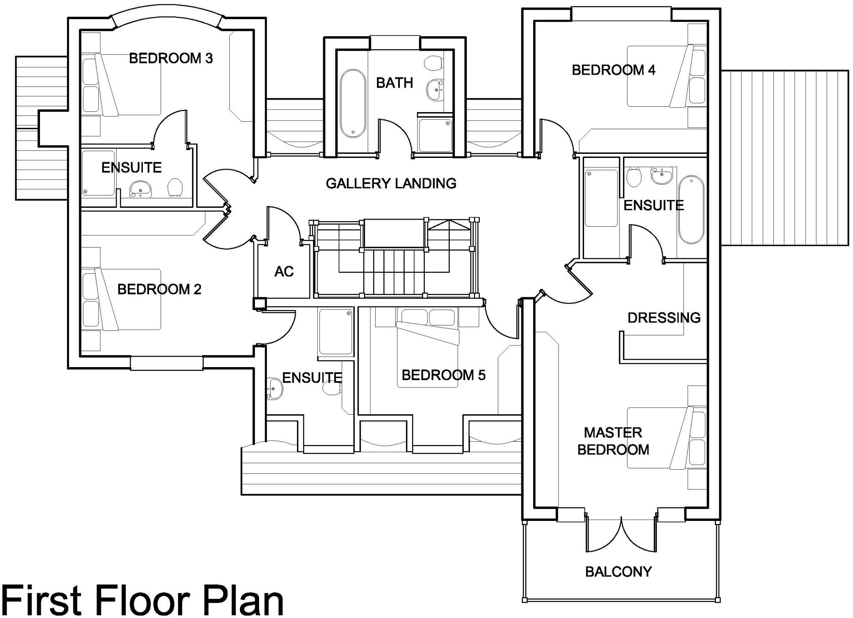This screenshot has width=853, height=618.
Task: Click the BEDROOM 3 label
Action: (x=171, y=58)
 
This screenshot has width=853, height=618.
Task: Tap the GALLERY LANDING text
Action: (x=391, y=183)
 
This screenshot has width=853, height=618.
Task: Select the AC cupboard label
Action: (x=284, y=272)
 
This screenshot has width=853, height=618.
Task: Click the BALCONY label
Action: (x=619, y=572)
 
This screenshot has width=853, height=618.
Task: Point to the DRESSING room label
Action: (x=664, y=318)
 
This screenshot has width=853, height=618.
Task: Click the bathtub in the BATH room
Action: (x=353, y=103)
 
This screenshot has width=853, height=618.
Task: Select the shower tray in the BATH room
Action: (x=435, y=135)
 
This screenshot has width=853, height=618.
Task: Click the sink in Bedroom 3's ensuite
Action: (x=140, y=190)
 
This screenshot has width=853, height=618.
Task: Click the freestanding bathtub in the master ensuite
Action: (x=691, y=209)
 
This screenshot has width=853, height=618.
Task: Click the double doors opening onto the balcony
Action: (x=621, y=538)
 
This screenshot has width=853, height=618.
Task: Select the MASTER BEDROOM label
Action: (x=613, y=441)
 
